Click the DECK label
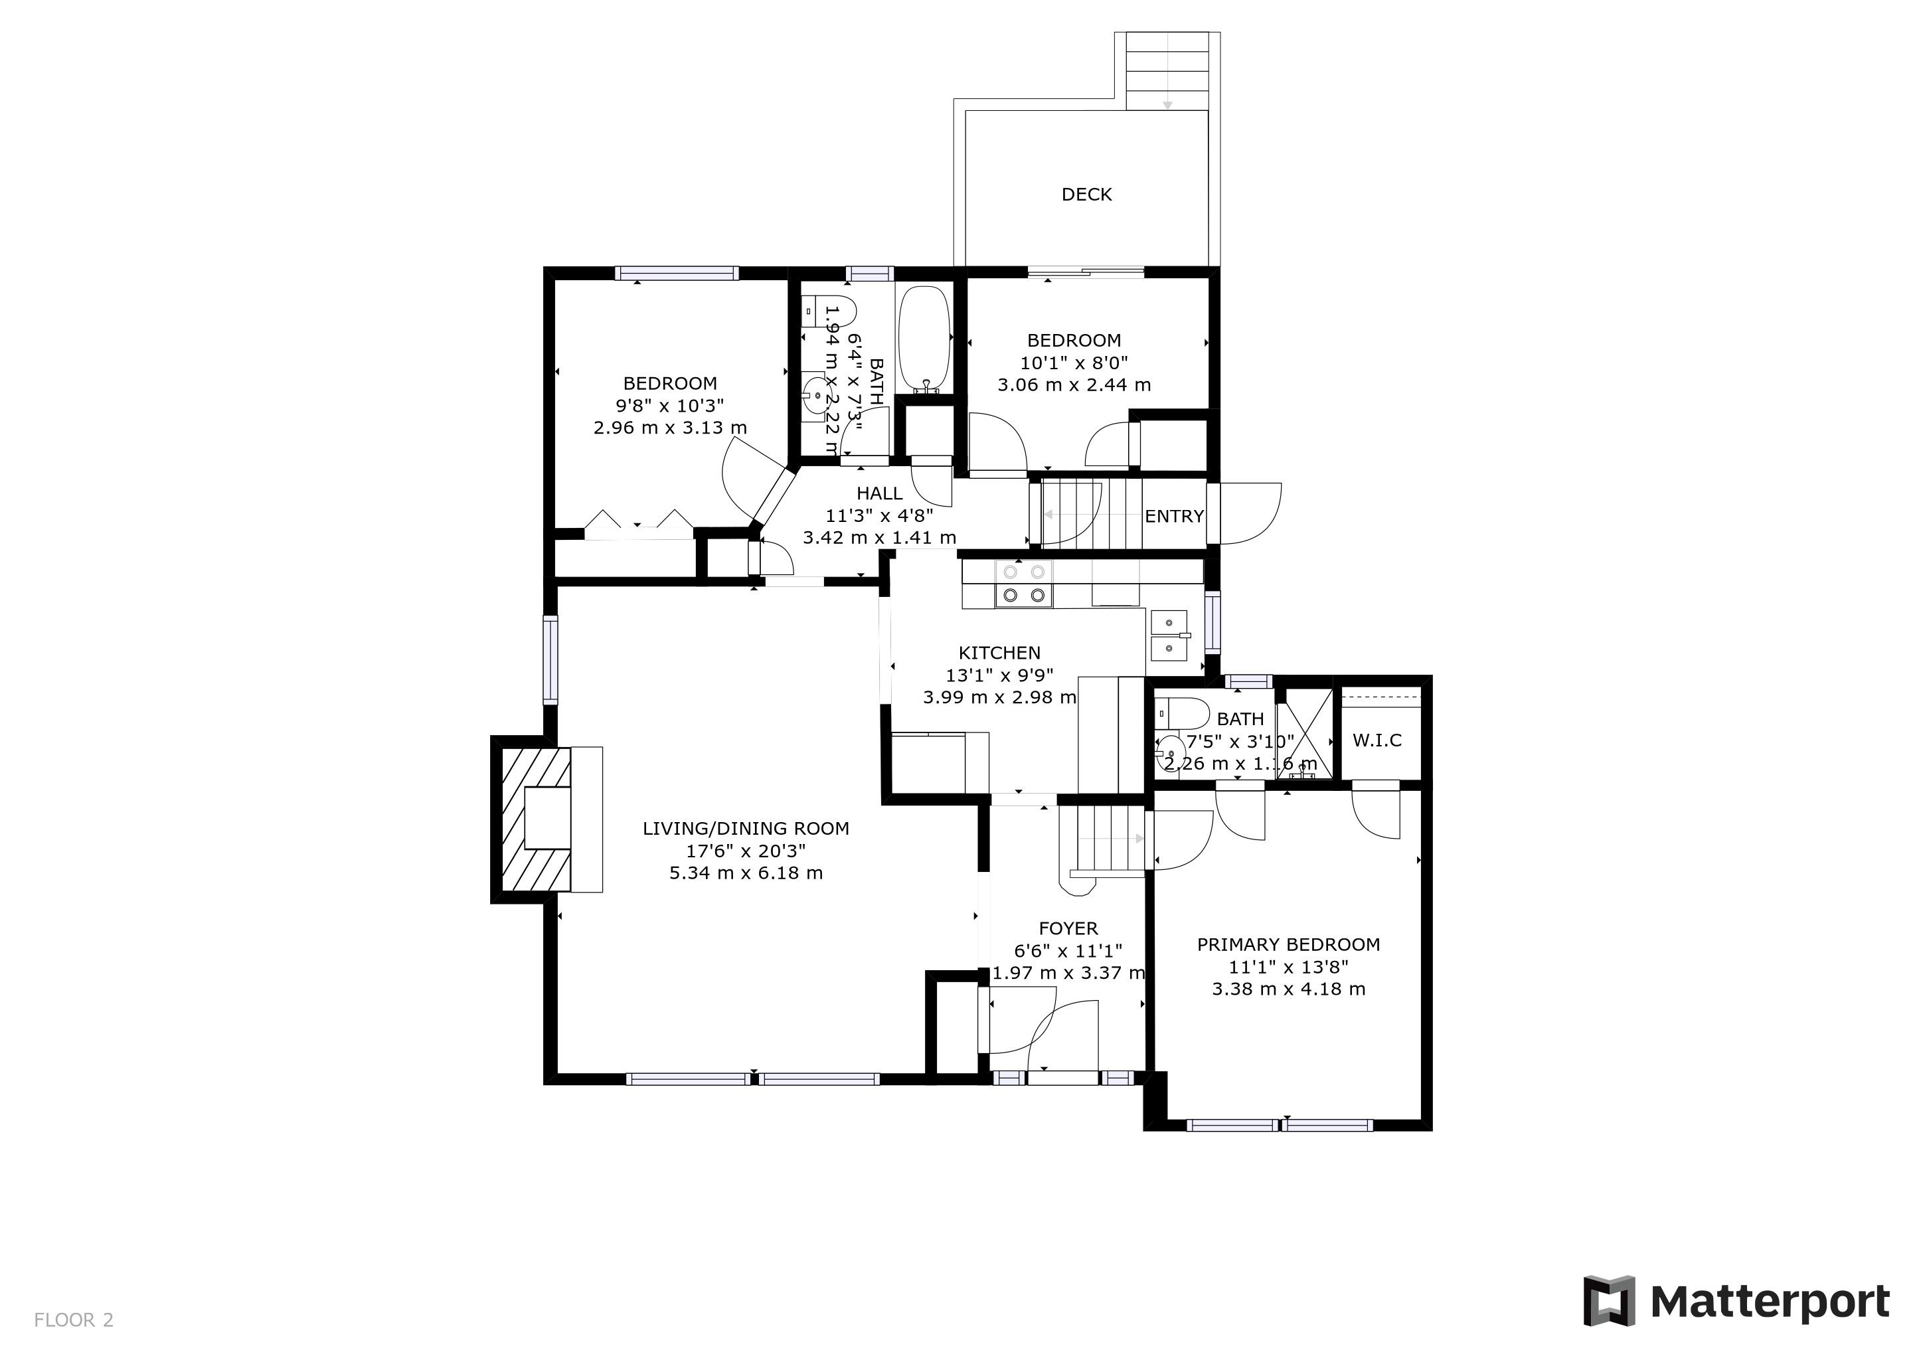[x=1086, y=195]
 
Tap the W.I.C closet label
[x=1377, y=740]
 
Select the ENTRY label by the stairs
[x=1174, y=516]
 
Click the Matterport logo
[x=1736, y=1300]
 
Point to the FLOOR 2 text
[x=74, y=1319]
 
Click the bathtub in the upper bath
[x=925, y=339]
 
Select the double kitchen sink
[x=1170, y=636]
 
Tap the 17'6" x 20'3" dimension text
[x=746, y=851]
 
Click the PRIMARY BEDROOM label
[x=1288, y=945]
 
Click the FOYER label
[x=1068, y=928]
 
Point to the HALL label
[x=879, y=493]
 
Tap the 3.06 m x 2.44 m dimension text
[x=1074, y=385]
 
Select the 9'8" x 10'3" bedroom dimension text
[x=670, y=405]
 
